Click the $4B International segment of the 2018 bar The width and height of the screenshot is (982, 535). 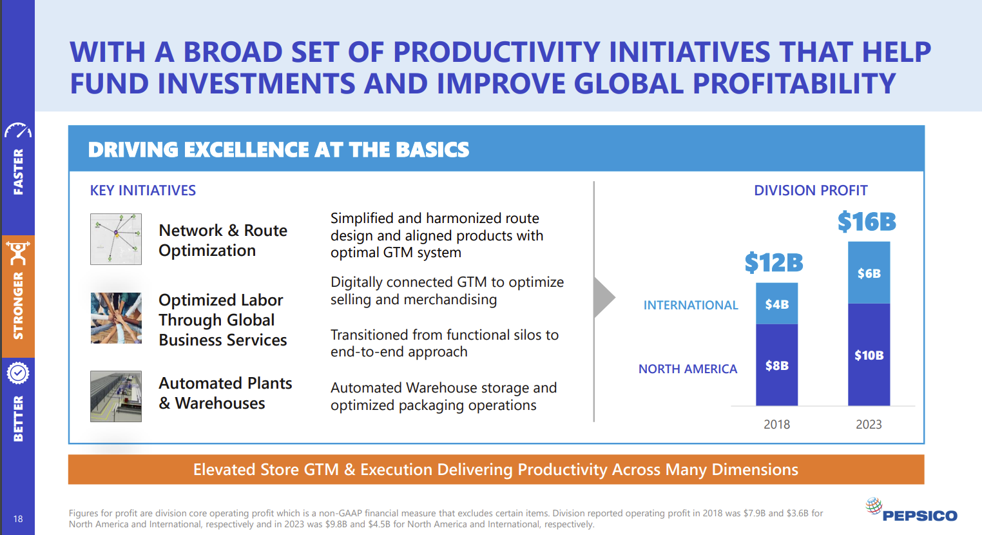(776, 304)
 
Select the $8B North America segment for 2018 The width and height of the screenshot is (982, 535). (776, 365)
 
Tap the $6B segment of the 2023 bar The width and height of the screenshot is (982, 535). (869, 273)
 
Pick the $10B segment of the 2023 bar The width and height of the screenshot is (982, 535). (869, 355)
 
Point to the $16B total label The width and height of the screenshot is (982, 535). (867, 222)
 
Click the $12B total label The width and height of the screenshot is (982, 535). (774, 263)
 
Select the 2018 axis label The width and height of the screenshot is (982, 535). (776, 424)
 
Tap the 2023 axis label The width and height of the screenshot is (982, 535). (869, 424)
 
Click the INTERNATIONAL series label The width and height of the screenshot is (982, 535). (691, 305)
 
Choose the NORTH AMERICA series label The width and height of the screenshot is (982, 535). (688, 369)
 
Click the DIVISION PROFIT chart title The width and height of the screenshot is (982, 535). (811, 190)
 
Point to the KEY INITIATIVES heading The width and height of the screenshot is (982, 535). (143, 190)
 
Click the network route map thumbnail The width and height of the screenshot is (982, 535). (116, 239)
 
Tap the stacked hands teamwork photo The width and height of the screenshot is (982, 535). (116, 318)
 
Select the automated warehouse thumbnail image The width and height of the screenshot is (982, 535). (116, 396)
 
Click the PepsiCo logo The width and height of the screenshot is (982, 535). (911, 511)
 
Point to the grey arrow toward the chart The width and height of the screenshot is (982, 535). (604, 298)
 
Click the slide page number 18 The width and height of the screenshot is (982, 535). (18, 519)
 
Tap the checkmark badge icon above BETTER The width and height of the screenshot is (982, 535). (18, 373)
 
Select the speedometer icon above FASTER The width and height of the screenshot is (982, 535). (18, 131)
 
